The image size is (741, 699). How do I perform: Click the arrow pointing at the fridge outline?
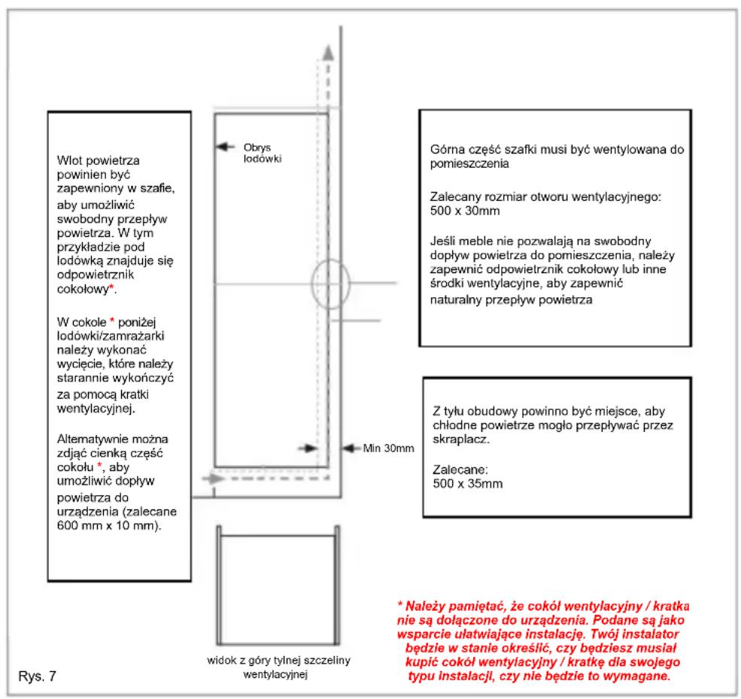click(223, 147)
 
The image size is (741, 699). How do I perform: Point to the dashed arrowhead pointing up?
click(326, 52)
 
